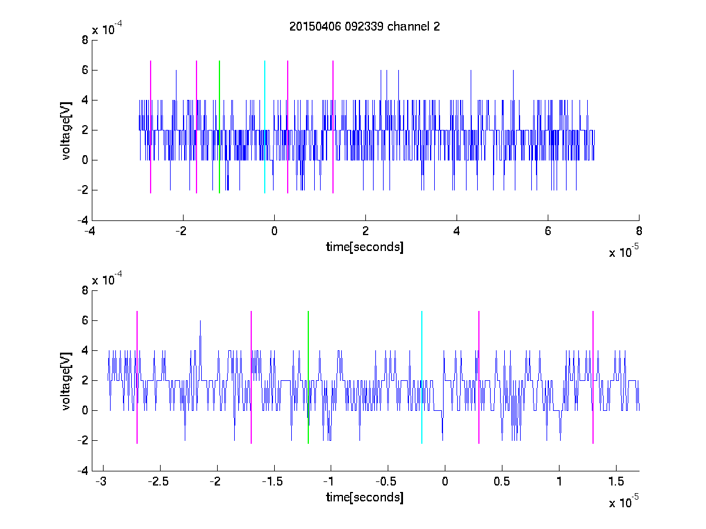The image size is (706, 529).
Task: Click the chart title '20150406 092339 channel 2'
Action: [x=364, y=26]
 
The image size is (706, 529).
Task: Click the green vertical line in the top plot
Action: [x=219, y=127]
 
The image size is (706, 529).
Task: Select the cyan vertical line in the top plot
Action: [x=265, y=127]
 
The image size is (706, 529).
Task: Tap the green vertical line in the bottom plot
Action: [x=308, y=377]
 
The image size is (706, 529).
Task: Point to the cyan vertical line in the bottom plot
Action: [x=422, y=377]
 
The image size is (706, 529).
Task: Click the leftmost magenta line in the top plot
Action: [x=151, y=127]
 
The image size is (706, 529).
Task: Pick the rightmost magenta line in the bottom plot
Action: [x=593, y=377]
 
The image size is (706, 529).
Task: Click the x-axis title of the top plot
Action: [x=364, y=247]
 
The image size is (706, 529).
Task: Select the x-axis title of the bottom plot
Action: [x=364, y=497]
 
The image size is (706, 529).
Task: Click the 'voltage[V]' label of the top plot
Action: [x=66, y=130]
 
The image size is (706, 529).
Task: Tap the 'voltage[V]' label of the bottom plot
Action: [x=66, y=381]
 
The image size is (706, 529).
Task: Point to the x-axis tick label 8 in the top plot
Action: [x=639, y=230]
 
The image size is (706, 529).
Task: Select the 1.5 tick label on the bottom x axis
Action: [x=616, y=481]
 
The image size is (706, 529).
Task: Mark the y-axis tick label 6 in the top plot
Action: [x=85, y=70]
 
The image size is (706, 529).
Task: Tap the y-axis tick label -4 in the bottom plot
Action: [x=83, y=471]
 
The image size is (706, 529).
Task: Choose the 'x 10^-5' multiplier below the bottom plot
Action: [x=624, y=501]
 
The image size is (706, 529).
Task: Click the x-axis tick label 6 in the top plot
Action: [x=548, y=230]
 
